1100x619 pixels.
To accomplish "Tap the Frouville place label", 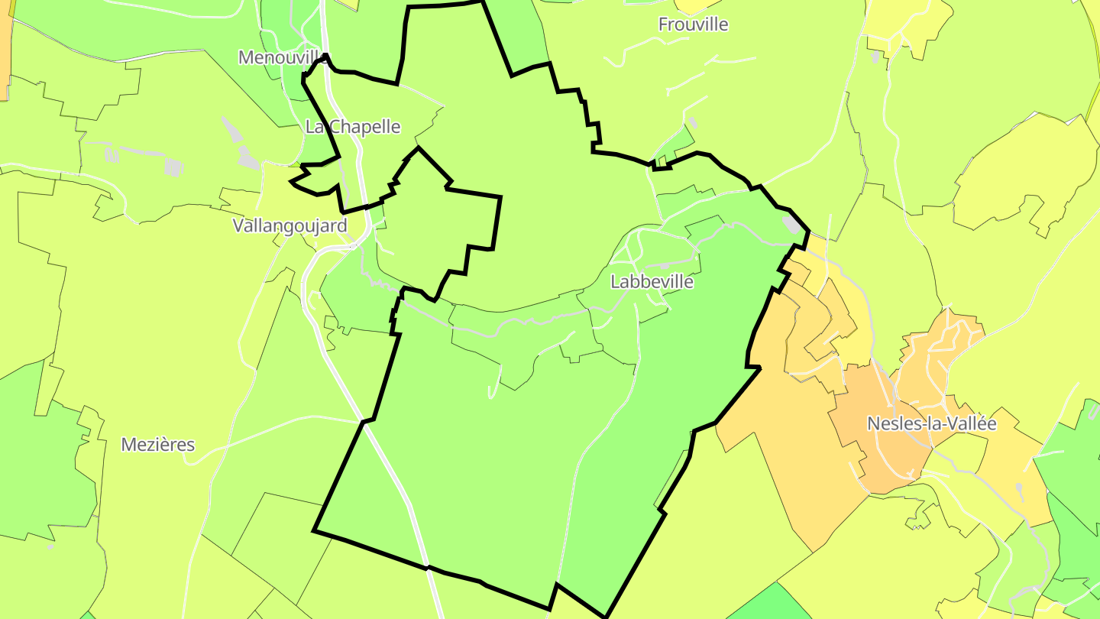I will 693,24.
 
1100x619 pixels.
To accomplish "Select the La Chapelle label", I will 352,127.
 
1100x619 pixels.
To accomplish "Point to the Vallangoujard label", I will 290,225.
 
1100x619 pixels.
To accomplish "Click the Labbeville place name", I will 652,282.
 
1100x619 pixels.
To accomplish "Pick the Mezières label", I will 158,445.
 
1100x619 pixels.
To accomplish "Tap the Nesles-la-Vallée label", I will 931,423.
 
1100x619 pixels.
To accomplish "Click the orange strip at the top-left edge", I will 5,46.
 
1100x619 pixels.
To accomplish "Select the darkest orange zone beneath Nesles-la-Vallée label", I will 878,451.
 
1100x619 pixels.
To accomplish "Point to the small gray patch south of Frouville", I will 693,122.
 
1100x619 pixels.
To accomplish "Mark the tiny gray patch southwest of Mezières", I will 50,546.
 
